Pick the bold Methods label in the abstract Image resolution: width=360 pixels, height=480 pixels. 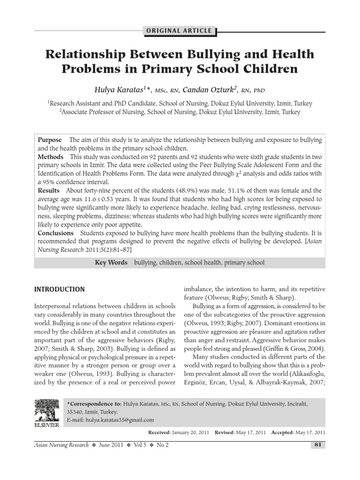point(51,157)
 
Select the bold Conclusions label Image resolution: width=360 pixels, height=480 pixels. point(56,233)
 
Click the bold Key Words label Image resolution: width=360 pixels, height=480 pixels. point(111,262)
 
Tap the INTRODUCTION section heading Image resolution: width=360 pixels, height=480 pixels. point(60,289)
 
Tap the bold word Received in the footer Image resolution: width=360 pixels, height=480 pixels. point(160,433)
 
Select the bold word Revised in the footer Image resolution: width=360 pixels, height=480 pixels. point(226,433)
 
